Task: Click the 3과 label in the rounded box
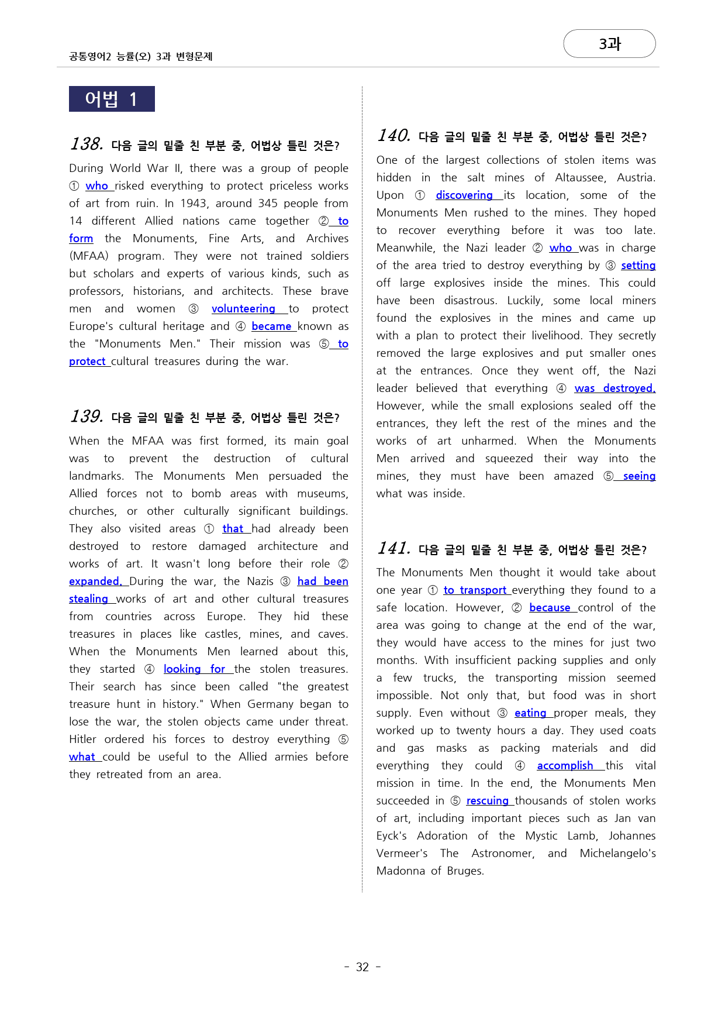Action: coord(609,44)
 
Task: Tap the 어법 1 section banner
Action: coord(112,99)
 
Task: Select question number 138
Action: coord(87,144)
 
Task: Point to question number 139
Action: coord(87,417)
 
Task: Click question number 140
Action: coord(393,136)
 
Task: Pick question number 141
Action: coord(393,548)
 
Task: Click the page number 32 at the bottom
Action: coord(362,967)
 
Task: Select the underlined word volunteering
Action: coord(243,309)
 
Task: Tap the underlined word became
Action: coord(271,326)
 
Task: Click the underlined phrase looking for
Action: coord(194,669)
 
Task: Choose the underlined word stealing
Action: coord(88,599)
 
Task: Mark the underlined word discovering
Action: coord(464,195)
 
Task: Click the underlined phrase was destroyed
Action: coord(614,388)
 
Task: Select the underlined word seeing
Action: coord(639,476)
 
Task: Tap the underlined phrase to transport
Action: coord(475,590)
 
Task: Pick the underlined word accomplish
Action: coord(565,766)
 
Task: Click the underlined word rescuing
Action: coord(487,801)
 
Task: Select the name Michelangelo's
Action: coord(617,854)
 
